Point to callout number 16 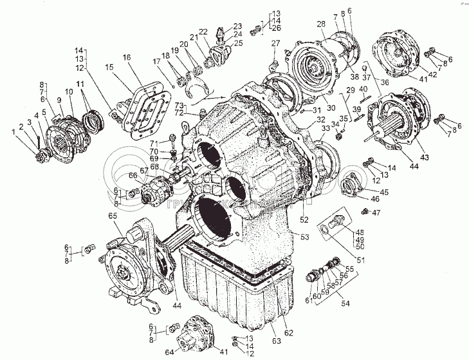click(x=126, y=58)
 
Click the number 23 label click(x=219, y=26)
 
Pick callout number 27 click(x=276, y=43)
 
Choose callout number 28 click(x=320, y=24)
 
